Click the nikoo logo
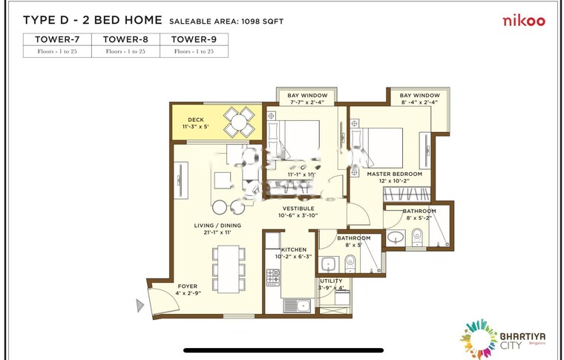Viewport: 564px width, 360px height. click(x=524, y=21)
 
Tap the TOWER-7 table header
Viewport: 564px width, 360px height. click(x=57, y=39)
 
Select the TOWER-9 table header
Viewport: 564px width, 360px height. click(x=194, y=39)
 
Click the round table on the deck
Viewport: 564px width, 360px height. click(x=239, y=122)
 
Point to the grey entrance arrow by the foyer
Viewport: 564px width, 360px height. click(x=139, y=304)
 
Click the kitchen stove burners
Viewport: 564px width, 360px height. click(x=273, y=276)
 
